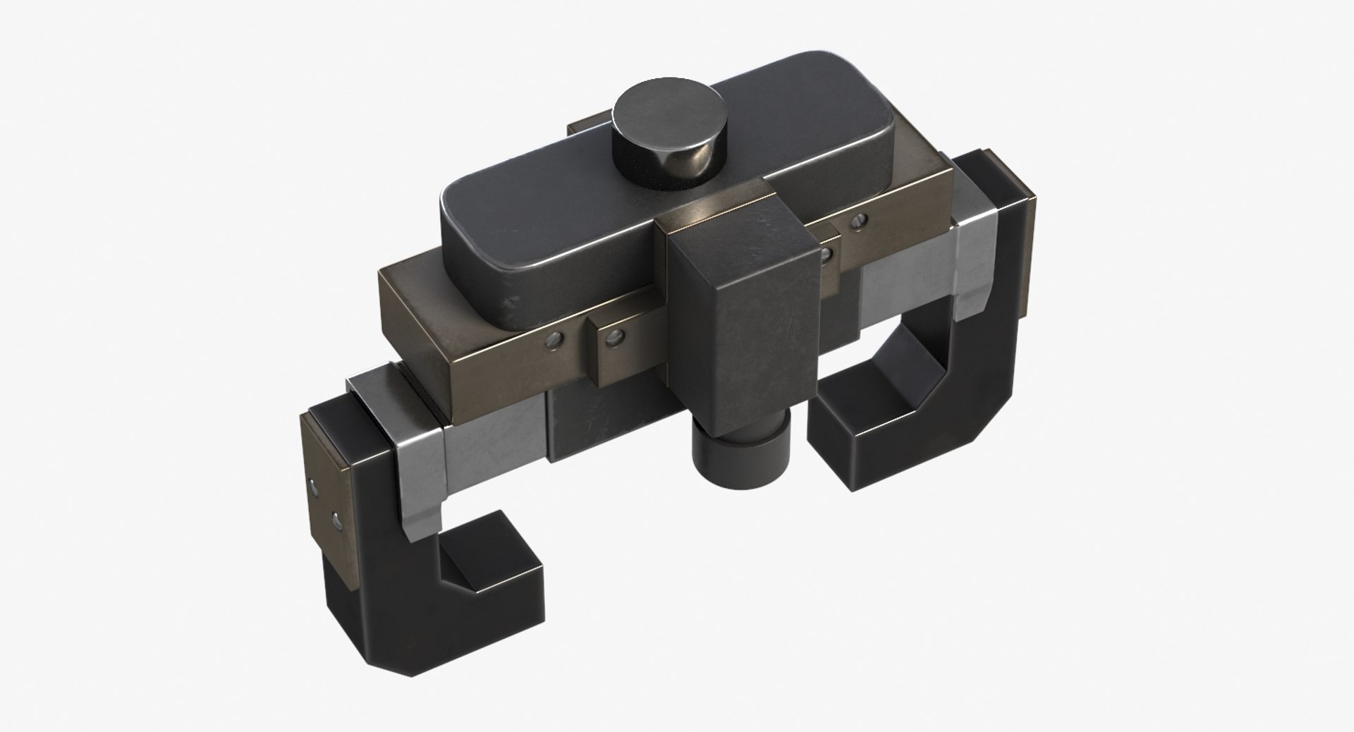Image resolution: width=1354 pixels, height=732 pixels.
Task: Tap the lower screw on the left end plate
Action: [x=334, y=522]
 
